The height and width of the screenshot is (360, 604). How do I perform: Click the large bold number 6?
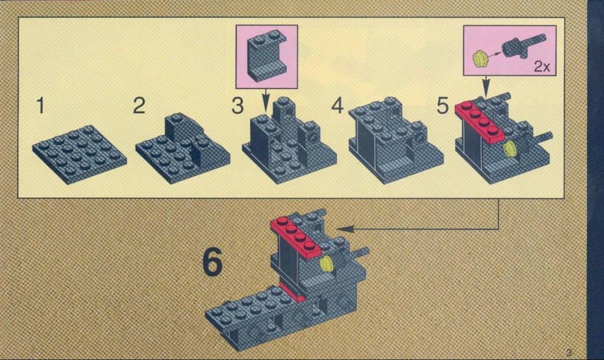pyautogui.click(x=212, y=262)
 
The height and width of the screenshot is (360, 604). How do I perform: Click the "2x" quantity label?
pyautogui.click(x=542, y=67)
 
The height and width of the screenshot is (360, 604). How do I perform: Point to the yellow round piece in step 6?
pyautogui.click(x=327, y=264)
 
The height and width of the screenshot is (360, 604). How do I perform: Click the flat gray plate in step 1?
pyautogui.click(x=80, y=154)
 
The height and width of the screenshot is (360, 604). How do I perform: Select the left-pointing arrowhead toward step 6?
pyautogui.click(x=346, y=229)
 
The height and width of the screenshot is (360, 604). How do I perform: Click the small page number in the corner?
pyautogui.click(x=569, y=352)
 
